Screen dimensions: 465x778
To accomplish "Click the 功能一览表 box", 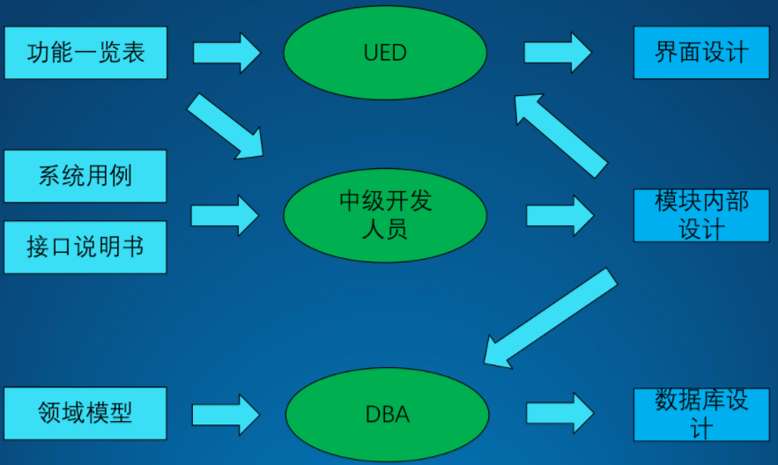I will pos(85,53).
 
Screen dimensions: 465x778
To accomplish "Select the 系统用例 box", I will pos(85,175).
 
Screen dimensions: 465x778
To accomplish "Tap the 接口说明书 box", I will pos(85,247).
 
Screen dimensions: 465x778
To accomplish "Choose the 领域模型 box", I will pos(85,413).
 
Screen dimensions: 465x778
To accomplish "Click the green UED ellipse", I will pos(385,53).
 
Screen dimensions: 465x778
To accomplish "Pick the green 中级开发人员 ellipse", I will pos(385,215).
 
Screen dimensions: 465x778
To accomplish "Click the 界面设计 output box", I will pos(700,53).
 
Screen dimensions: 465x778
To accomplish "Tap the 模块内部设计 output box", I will pos(700,215).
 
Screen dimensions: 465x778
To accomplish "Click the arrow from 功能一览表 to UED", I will pos(226,53).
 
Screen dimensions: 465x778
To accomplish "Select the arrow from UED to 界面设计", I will pos(558,53).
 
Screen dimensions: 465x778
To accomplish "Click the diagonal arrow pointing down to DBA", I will pos(550,318).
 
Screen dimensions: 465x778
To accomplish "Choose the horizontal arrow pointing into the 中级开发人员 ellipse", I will pos(225,215).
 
